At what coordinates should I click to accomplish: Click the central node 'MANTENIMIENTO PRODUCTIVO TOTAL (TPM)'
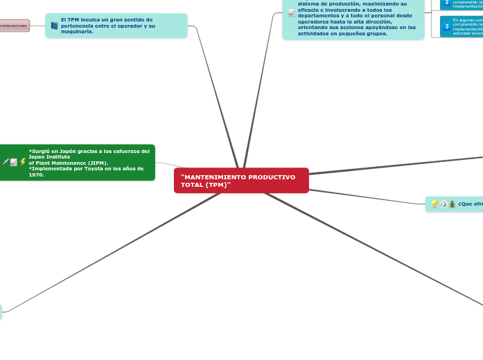(241, 181)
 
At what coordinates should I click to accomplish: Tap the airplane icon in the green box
(5, 162)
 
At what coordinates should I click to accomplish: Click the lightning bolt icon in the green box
(23, 162)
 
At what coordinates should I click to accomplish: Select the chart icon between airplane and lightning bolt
(14, 162)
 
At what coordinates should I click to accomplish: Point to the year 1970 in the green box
(36, 174)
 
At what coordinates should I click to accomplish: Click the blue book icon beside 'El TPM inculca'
(54, 26)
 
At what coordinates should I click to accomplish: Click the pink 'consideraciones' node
(14, 26)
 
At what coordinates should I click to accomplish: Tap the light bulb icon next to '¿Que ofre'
(434, 204)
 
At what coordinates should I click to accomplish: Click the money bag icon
(452, 204)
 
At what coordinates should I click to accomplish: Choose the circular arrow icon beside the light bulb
(443, 204)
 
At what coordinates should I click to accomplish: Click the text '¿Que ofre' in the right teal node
(470, 204)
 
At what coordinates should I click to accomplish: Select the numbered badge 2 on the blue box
(446, 3)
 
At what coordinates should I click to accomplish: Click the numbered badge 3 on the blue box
(446, 26)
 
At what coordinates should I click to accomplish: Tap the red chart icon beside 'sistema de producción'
(291, 12)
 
